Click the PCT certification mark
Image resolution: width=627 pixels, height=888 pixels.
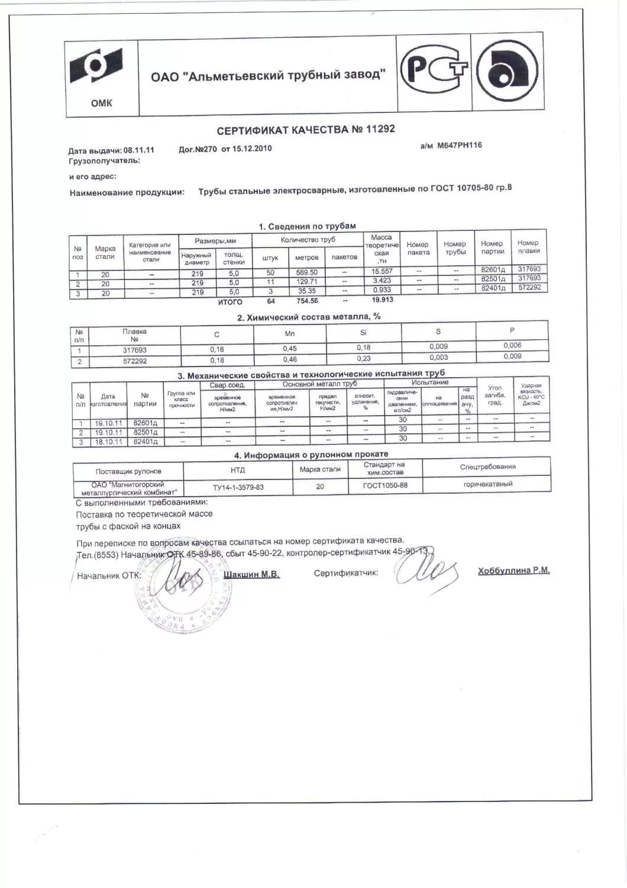(434, 73)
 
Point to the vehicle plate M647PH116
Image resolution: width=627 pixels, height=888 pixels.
(459, 145)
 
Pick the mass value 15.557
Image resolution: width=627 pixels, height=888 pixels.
(382, 271)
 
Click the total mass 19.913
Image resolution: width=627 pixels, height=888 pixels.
(383, 300)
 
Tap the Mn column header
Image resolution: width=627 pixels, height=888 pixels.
(289, 333)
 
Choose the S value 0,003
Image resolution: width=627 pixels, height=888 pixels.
(438, 358)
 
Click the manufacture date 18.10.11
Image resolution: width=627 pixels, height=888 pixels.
(109, 442)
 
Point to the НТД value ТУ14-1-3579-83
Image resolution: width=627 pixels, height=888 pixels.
(238, 487)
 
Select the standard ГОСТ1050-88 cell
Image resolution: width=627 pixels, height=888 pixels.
(385, 485)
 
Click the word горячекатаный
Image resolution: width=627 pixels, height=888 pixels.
(488, 484)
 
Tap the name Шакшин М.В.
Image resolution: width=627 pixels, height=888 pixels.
(252, 574)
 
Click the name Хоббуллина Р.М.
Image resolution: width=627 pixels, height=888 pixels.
(513, 571)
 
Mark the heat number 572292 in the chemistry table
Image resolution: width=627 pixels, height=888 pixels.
(135, 361)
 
